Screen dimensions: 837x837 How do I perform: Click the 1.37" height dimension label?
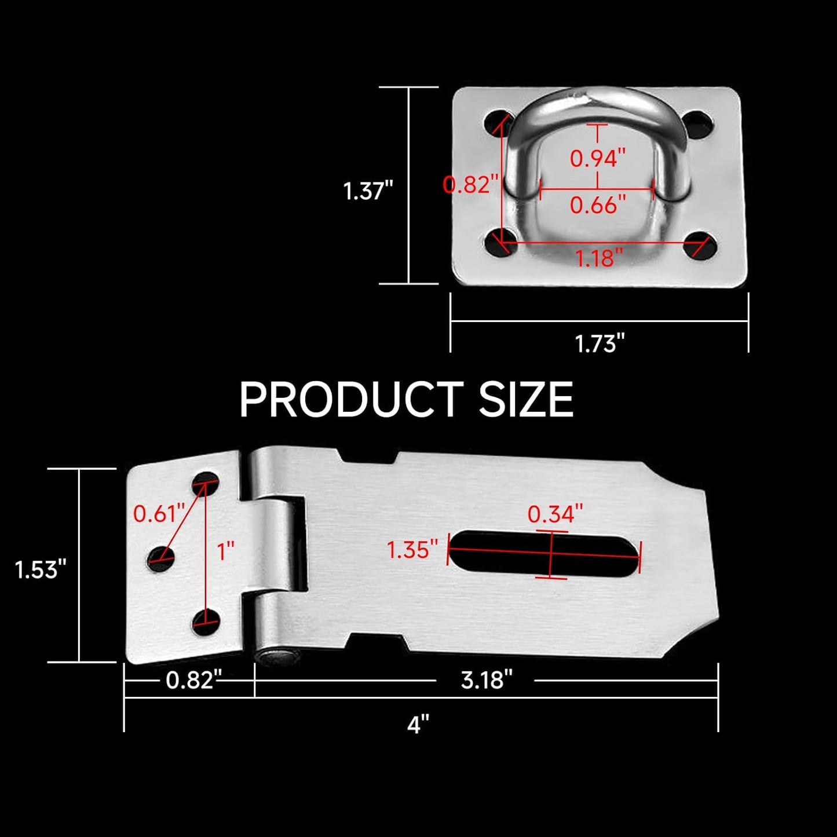(x=368, y=191)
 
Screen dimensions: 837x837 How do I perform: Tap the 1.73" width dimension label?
(x=600, y=343)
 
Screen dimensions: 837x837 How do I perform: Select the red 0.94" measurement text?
(x=598, y=158)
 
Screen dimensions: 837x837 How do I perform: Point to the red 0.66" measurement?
(x=598, y=205)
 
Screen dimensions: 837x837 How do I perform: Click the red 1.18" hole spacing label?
(x=599, y=258)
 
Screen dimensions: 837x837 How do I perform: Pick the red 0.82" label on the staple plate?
(x=470, y=184)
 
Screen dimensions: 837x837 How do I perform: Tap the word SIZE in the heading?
(x=526, y=400)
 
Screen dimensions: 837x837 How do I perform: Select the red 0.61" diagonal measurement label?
(x=159, y=513)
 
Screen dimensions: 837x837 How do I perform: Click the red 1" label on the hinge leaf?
(x=225, y=551)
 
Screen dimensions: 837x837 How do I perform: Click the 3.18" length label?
(x=487, y=680)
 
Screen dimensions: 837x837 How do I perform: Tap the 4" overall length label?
(x=418, y=725)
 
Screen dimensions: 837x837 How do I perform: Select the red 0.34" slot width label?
(x=555, y=513)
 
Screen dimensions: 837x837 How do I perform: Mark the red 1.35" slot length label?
(x=412, y=550)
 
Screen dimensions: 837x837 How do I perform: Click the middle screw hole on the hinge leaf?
(x=160, y=558)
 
